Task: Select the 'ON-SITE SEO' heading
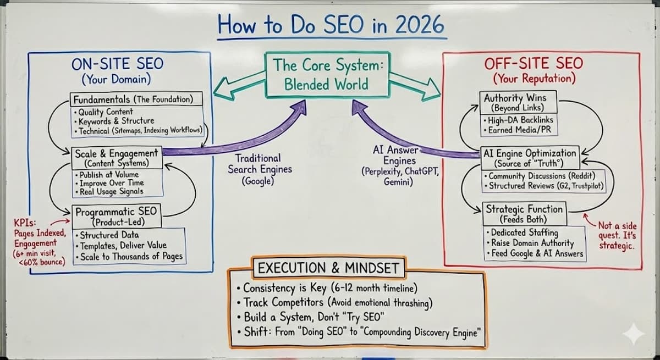117,64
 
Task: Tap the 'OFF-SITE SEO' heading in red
533,63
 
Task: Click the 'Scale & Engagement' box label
117,153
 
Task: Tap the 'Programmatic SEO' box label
116,212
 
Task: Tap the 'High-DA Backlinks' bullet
520,120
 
